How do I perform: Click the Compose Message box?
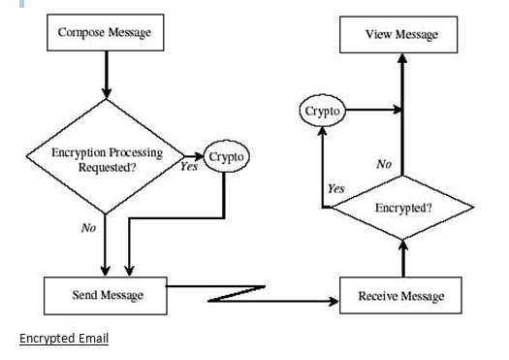(105, 32)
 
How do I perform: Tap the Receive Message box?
(401, 295)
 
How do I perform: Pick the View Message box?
(401, 35)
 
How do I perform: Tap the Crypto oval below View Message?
(322, 112)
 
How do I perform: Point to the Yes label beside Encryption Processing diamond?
(188, 166)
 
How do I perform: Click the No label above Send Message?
(87, 229)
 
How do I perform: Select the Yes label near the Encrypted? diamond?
(335, 188)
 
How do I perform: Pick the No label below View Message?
(384, 165)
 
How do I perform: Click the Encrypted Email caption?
(64, 339)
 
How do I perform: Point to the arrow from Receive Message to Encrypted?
(403, 258)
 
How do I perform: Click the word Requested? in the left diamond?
(107, 167)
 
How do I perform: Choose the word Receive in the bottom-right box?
(379, 295)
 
